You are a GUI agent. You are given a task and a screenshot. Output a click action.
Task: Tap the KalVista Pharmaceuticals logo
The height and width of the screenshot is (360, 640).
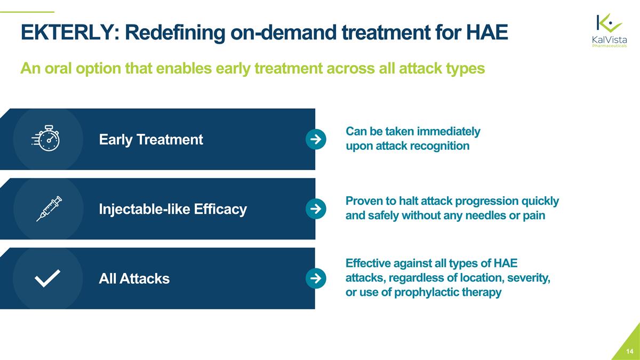coord(610,30)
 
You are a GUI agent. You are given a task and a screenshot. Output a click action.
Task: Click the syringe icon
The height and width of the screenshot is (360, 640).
coord(49,209)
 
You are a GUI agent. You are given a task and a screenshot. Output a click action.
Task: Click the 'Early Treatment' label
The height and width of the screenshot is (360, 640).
coord(151,140)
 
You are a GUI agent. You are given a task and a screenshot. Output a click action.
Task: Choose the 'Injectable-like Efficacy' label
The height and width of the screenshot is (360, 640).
coord(173,209)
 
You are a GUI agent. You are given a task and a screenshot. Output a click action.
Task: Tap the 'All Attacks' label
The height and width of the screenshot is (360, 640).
coord(134,278)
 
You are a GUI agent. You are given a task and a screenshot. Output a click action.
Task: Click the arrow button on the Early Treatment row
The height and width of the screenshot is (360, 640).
coord(315,139)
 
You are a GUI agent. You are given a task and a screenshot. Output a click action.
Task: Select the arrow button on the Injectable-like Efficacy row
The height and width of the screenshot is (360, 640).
coord(315,209)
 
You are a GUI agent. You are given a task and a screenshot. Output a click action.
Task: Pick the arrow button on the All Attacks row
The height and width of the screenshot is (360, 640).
coord(315,278)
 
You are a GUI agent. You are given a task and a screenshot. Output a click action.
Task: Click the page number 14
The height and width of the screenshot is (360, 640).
coord(630,351)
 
